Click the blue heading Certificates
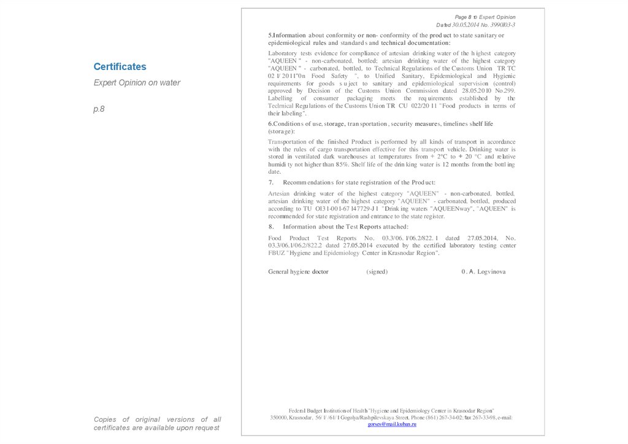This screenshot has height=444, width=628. (120, 66)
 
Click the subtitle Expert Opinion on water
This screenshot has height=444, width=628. (137, 82)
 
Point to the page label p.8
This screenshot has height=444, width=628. (100, 109)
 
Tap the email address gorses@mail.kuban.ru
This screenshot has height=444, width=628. (392, 424)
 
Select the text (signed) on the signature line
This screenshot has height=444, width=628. (377, 271)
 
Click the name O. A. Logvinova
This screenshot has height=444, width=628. (483, 271)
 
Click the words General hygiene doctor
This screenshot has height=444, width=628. (298, 271)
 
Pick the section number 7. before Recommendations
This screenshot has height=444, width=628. (271, 182)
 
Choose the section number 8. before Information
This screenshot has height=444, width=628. (271, 227)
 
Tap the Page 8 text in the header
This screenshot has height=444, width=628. (465, 17)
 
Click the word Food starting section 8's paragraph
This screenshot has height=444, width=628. (275, 238)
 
